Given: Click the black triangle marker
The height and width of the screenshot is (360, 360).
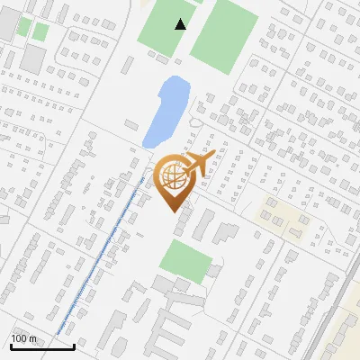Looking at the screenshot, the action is click(181, 24).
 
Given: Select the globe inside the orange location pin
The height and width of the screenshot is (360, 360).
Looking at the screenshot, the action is click(172, 175).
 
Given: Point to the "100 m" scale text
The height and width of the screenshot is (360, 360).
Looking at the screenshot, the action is click(23, 338).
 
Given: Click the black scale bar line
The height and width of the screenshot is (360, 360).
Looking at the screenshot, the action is click(40, 346).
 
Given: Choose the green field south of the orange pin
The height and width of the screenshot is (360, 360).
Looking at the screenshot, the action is click(186, 262).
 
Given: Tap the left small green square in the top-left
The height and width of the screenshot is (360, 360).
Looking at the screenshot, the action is click(23, 27).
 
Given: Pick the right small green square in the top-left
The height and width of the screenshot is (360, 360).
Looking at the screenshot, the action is click(40, 31).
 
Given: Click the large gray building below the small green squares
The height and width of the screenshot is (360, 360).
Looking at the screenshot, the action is click(34, 59).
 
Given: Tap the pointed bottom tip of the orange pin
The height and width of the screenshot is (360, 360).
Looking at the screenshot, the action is click(171, 210).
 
